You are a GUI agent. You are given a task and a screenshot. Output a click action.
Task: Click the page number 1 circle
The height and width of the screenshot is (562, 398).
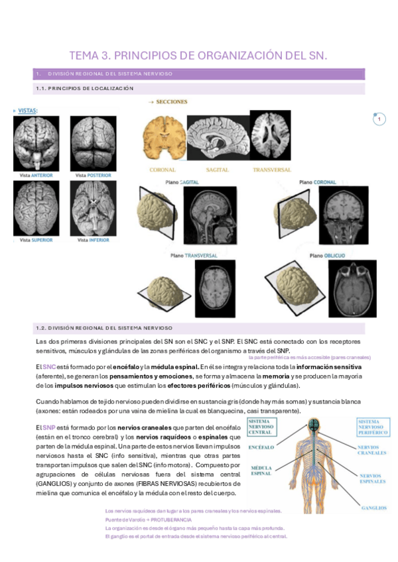point(379,119)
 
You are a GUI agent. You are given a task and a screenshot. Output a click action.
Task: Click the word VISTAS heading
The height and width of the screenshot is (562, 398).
point(27,110)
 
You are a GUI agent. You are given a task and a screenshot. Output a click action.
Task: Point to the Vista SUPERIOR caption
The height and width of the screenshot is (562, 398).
point(36,240)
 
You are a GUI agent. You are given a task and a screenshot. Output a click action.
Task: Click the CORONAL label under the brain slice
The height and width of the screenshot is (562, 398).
point(163,170)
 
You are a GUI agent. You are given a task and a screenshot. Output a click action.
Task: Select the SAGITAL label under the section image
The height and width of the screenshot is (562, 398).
point(218,170)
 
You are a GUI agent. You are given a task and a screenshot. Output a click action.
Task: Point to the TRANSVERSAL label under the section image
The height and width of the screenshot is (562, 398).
point(271,170)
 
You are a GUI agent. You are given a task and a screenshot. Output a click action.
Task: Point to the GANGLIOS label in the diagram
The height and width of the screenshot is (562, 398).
point(373,508)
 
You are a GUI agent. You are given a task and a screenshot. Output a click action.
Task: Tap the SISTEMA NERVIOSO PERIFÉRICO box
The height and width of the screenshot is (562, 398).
point(372,428)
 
